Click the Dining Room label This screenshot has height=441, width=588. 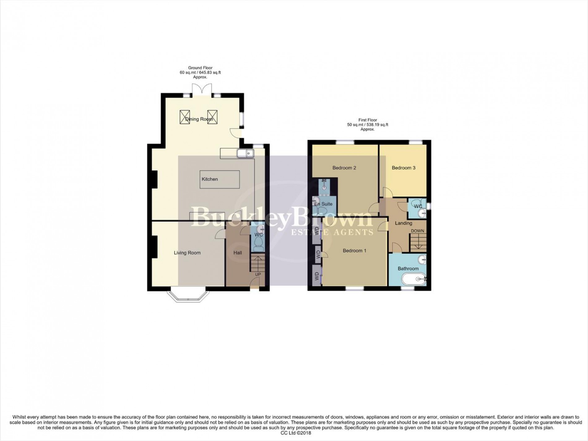point(199,119)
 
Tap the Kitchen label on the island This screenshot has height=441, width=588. point(210,179)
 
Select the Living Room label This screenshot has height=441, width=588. point(187,253)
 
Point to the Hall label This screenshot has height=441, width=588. point(238,253)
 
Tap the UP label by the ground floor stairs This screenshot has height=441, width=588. point(258,274)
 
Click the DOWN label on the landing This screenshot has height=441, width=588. point(417,231)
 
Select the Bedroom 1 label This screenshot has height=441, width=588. point(354,251)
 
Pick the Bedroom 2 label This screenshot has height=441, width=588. point(344,168)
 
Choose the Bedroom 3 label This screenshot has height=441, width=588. point(404,168)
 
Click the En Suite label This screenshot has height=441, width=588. point(323,204)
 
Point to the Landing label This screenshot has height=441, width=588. point(404,223)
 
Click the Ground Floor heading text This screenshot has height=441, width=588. point(200,68)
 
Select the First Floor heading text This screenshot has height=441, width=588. point(367,120)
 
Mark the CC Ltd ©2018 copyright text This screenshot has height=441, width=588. point(294,433)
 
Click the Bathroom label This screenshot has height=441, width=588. point(408,269)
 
